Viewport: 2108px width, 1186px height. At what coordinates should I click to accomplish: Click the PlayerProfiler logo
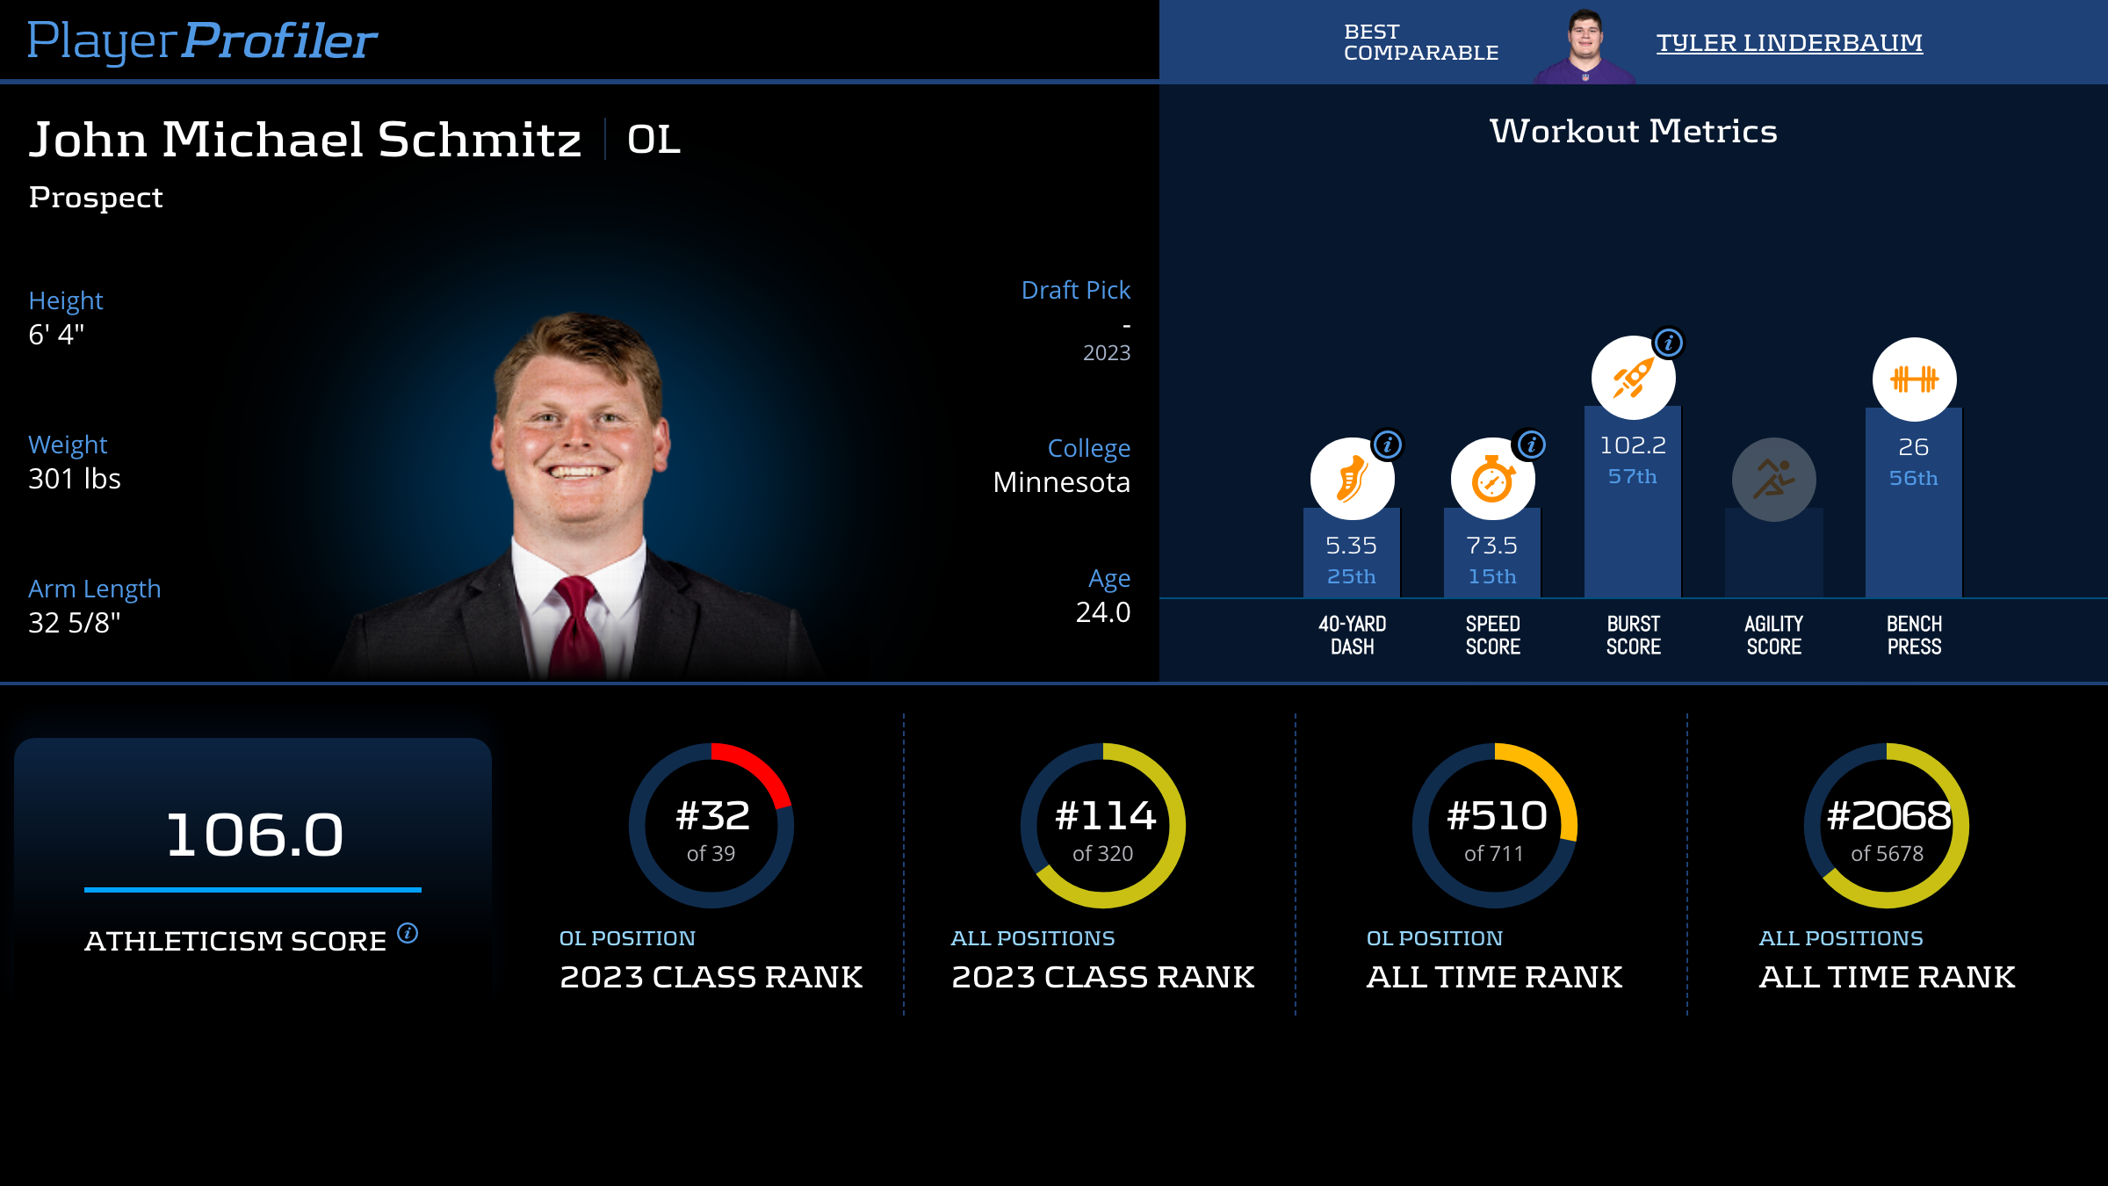[x=202, y=40]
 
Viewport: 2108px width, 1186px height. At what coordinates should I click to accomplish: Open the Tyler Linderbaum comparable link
[x=1789, y=42]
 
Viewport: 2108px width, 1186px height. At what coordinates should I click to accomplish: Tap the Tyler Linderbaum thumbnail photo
[x=1585, y=46]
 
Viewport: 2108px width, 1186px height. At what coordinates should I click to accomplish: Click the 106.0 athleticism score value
[x=254, y=835]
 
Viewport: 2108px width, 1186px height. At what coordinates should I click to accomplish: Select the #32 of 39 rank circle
[x=711, y=826]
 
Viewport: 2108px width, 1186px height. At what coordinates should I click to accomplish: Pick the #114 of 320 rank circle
[x=1103, y=826]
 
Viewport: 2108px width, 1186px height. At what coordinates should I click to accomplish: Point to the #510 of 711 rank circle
[x=1495, y=826]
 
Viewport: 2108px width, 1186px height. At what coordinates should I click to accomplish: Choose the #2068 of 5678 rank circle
[x=1887, y=826]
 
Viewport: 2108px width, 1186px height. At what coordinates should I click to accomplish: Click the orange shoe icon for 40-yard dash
[x=1352, y=480]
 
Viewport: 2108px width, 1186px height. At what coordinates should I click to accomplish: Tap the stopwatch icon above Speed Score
[x=1492, y=480]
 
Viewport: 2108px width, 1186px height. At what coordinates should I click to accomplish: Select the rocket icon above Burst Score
[x=1633, y=379]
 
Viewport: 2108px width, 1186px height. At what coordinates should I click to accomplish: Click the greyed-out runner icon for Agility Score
[x=1773, y=480]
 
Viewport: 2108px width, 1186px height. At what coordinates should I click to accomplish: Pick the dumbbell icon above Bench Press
[x=1914, y=380]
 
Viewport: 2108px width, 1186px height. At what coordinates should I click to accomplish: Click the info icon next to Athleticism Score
[x=408, y=933]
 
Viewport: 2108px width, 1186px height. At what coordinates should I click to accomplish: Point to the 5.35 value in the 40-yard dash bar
[x=1351, y=546]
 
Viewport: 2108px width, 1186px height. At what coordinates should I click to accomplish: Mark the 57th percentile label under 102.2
[x=1632, y=476]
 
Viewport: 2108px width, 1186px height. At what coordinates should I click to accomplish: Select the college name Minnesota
[x=1061, y=482]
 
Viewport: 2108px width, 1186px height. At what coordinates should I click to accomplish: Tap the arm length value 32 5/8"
[x=75, y=623]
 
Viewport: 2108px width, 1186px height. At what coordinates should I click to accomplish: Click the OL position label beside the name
[x=653, y=140]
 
